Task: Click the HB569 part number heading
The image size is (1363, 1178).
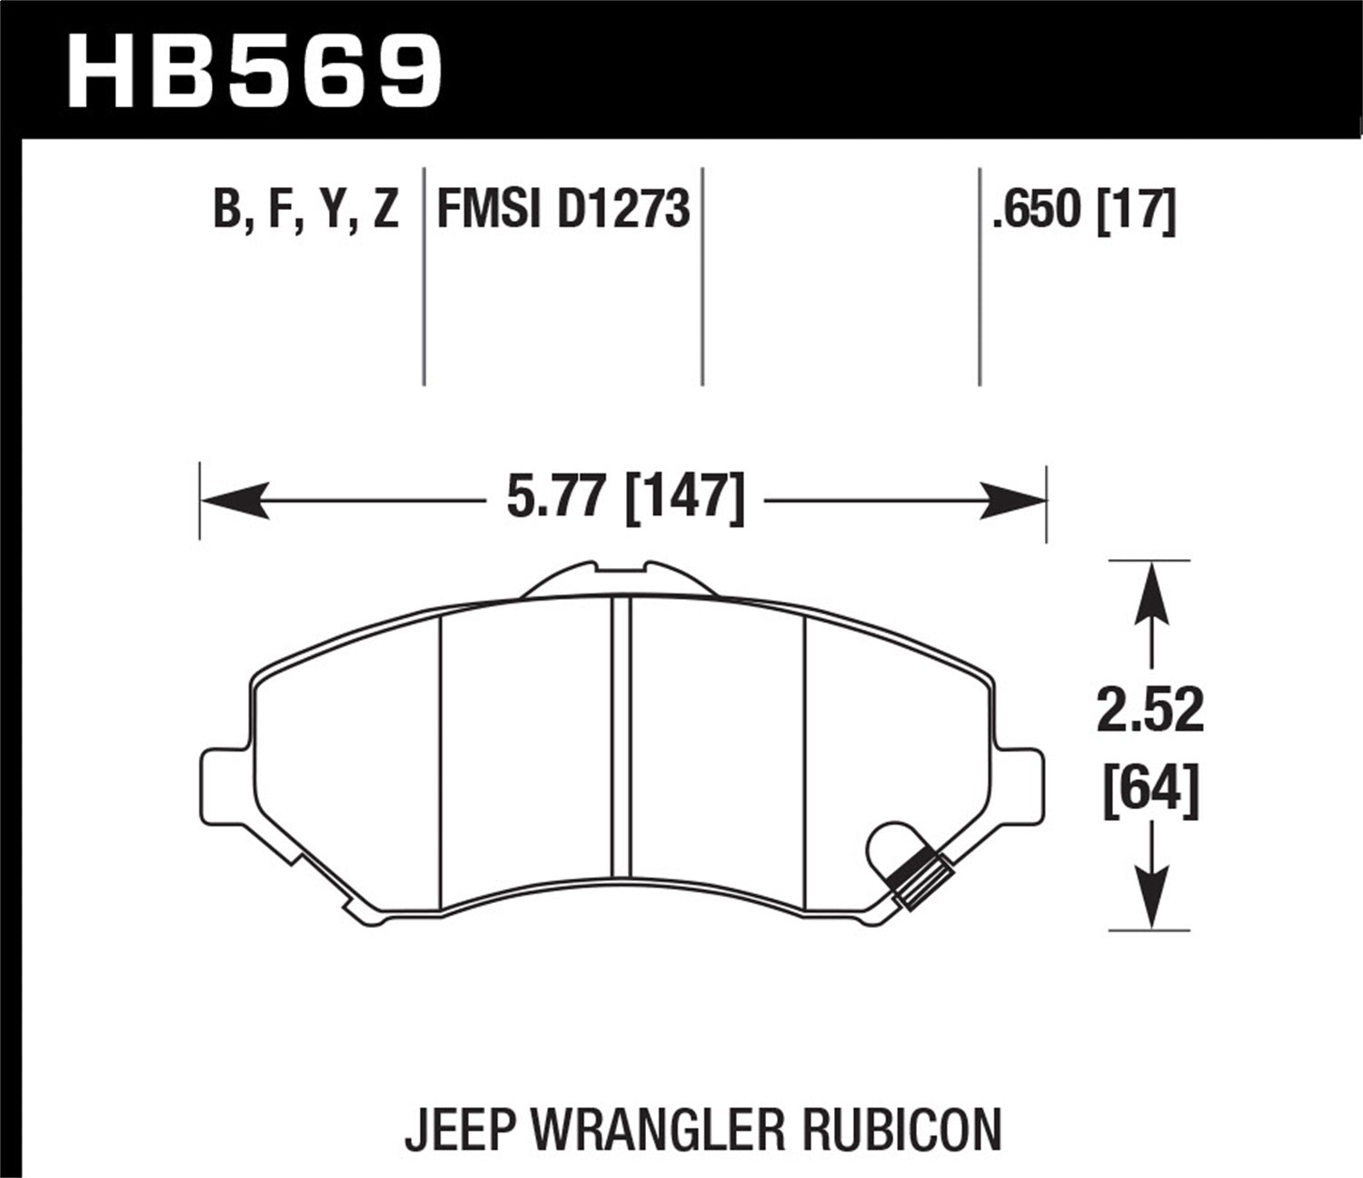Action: [254, 71]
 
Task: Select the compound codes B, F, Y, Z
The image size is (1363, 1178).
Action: [306, 209]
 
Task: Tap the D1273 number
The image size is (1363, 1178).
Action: [623, 209]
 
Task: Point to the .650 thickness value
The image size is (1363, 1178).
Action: [1039, 209]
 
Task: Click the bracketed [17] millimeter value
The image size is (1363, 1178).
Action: [1137, 209]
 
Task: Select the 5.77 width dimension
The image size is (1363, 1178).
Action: [557, 498]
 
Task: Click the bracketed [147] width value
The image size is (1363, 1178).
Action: [685, 498]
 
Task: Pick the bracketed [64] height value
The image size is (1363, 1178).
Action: [1150, 787]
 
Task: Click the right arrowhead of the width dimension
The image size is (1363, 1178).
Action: [1013, 501]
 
